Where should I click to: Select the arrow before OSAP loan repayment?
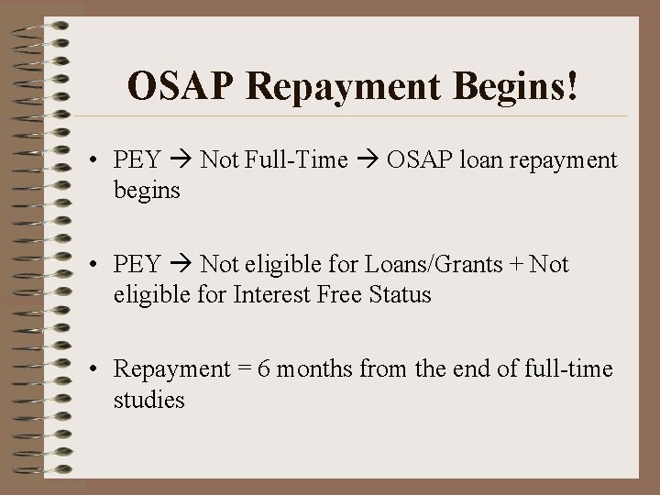(x=368, y=161)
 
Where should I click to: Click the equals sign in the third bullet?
(x=246, y=370)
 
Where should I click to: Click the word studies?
(x=148, y=400)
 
